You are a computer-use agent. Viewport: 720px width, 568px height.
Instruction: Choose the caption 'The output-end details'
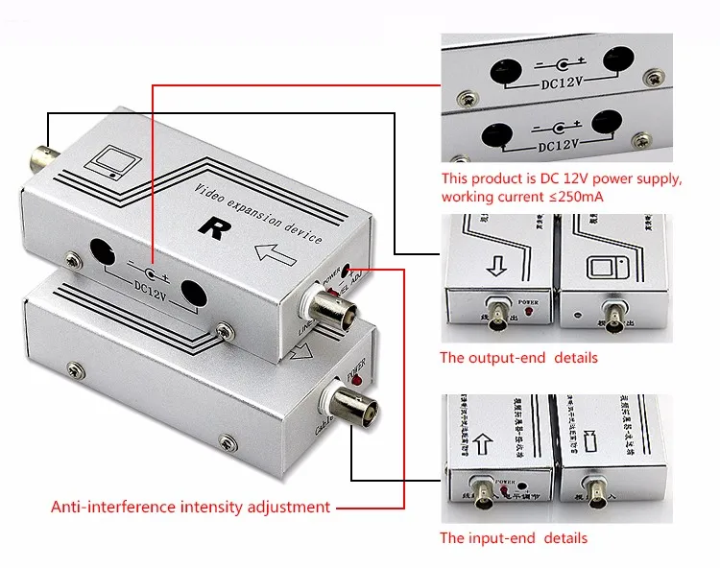[x=518, y=358]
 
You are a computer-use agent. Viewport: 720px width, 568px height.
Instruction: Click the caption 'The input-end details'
[x=513, y=538]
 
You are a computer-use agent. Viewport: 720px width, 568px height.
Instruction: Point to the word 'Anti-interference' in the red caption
[x=107, y=507]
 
